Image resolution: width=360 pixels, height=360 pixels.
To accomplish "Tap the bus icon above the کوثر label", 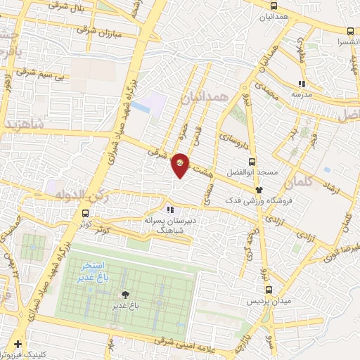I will (86, 214).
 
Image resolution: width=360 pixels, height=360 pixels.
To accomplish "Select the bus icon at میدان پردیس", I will (268, 289).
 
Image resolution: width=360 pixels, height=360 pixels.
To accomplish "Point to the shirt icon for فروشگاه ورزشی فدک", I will (259, 190).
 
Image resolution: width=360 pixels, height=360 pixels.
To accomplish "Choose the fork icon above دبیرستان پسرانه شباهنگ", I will (169, 209).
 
